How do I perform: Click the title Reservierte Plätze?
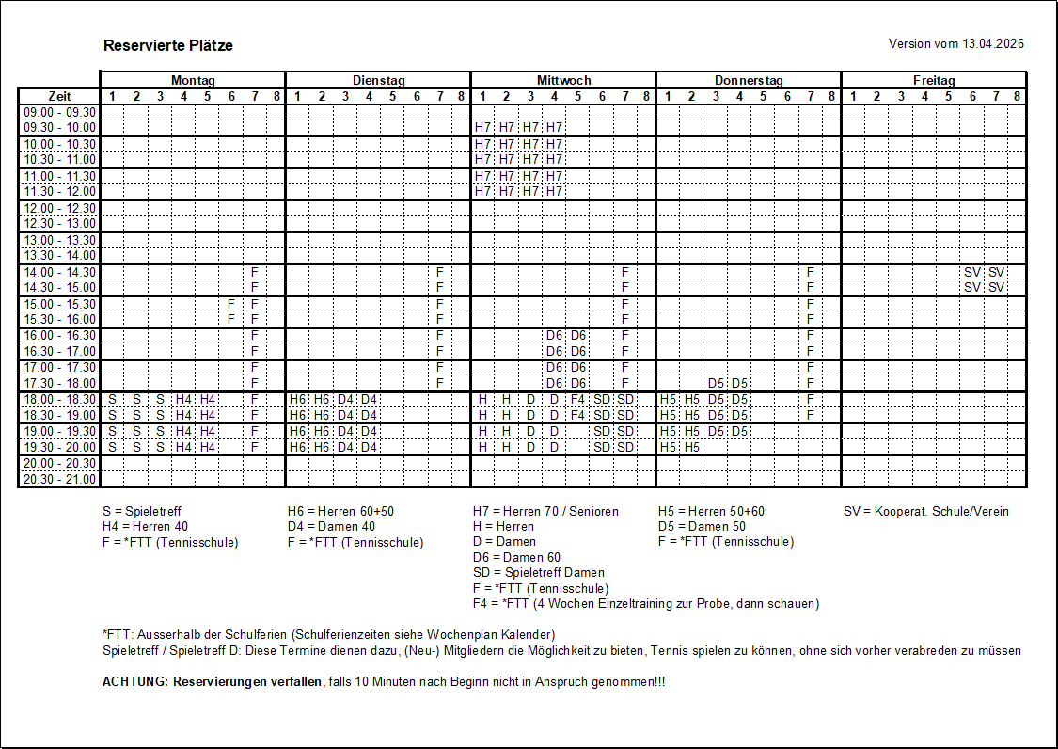(x=168, y=45)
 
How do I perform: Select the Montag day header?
(x=193, y=81)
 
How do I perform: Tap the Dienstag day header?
(x=378, y=81)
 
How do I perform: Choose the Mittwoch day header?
(x=563, y=81)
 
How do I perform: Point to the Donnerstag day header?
(x=749, y=81)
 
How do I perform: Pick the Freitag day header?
(x=934, y=81)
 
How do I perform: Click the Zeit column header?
(x=59, y=96)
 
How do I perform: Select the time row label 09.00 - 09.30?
(x=59, y=112)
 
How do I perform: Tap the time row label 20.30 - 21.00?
(x=59, y=479)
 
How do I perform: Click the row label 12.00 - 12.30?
(x=59, y=208)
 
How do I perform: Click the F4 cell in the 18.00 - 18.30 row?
(x=578, y=399)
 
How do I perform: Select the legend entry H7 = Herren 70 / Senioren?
(x=545, y=511)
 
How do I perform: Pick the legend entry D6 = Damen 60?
(x=516, y=557)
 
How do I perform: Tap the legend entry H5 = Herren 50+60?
(x=712, y=511)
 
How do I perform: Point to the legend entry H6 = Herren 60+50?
(x=340, y=511)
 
